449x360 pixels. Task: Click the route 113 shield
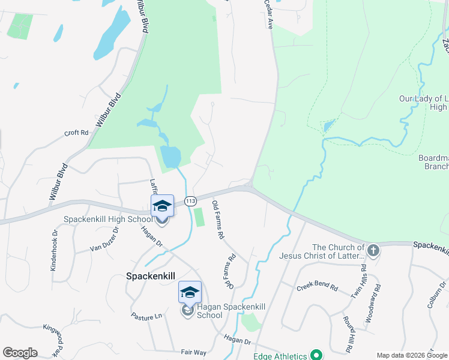tap(191, 200)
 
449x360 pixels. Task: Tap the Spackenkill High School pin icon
tap(162, 206)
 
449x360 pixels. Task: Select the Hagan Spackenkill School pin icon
tap(190, 293)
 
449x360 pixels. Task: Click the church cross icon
tap(373, 250)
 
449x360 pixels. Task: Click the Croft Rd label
tap(76, 133)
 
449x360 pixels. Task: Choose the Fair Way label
tap(193, 352)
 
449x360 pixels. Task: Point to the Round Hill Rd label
tap(348, 334)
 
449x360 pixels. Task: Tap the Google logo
tap(20, 353)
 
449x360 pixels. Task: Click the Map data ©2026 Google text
tap(411, 355)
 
